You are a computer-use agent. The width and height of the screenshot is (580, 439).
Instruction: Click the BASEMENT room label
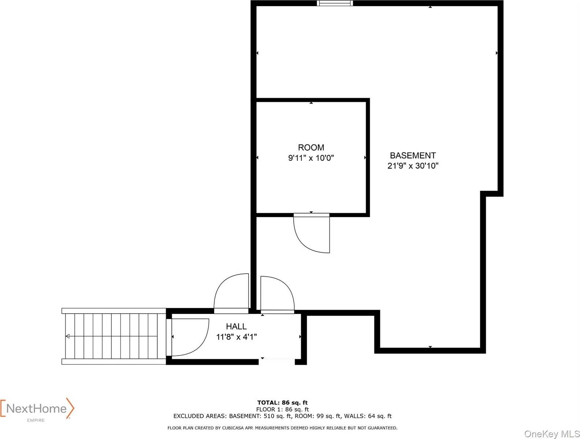point(413,155)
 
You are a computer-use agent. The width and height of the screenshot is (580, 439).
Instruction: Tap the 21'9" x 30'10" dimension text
point(413,166)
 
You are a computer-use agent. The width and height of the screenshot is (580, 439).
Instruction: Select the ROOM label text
point(311,147)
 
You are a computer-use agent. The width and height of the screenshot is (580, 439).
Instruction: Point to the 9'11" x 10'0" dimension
point(311,158)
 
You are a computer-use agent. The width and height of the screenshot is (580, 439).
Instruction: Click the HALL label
point(236,326)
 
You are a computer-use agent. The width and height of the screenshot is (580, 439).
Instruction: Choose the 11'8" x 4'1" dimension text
point(236,337)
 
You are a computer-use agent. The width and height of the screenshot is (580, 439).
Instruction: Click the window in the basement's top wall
point(335,3)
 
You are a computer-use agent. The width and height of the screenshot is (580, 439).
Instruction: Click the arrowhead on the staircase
point(67,336)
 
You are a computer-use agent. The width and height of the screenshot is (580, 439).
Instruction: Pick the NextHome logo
point(37,409)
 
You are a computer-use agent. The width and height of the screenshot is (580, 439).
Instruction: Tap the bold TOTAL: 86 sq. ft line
point(282,403)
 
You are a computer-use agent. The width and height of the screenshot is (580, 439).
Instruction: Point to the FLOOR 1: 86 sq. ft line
point(282,409)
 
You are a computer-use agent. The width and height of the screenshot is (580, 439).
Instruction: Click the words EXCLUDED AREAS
point(200,416)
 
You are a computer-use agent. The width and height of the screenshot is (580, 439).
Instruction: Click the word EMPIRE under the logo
point(36,420)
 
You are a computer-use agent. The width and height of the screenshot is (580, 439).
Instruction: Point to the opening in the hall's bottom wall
point(277,361)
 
